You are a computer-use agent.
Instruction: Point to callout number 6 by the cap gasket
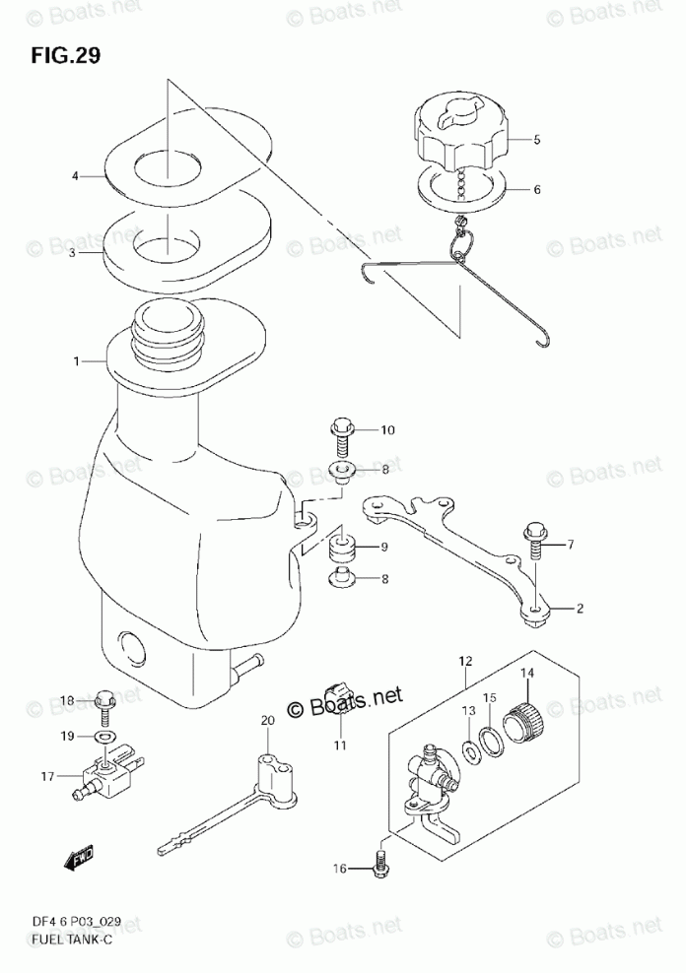537,190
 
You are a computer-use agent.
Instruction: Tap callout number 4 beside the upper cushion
74,176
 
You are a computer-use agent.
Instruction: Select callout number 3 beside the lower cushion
74,253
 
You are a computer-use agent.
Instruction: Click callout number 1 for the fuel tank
76,362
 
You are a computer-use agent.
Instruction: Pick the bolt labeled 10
340,431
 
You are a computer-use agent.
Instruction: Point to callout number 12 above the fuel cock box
465,661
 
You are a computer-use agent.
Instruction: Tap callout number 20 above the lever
266,723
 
